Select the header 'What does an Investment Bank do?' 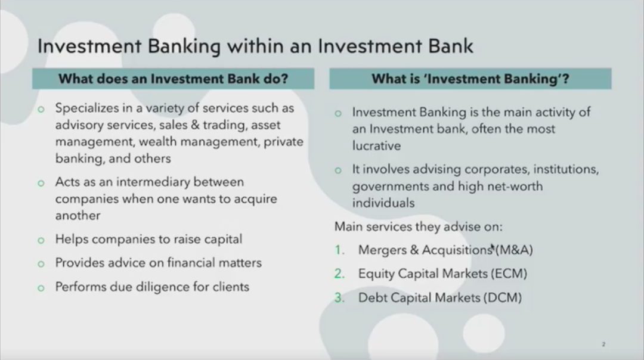click(174, 79)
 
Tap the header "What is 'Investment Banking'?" click(470, 79)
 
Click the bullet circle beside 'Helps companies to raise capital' click(41, 240)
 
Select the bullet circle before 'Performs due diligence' click(41, 288)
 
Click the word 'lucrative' click(376, 145)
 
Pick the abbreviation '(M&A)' click(514, 250)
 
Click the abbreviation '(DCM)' click(503, 297)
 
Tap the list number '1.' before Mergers click(339, 250)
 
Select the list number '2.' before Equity click(339, 274)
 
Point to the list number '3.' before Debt click(339, 297)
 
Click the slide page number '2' click(603, 345)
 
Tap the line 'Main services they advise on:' click(418, 226)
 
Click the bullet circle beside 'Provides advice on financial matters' click(41, 264)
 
